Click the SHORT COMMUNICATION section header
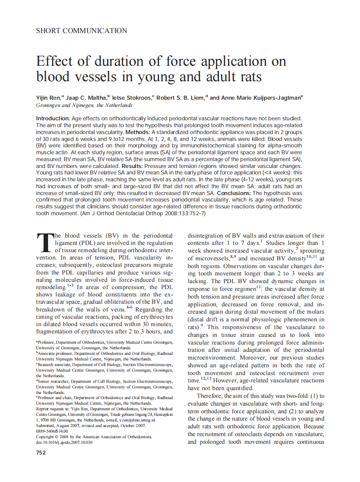click(x=82, y=31)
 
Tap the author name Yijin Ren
click(x=49, y=98)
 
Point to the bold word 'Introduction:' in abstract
click(x=52, y=118)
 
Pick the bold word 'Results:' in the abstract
click(x=132, y=165)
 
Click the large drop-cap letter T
click(x=44, y=243)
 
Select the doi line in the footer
click(x=64, y=442)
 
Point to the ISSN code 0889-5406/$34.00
click(x=52, y=431)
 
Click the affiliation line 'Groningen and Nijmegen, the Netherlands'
click(x=84, y=105)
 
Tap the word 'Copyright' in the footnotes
click(x=47, y=436)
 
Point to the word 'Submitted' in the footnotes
click(x=47, y=426)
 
